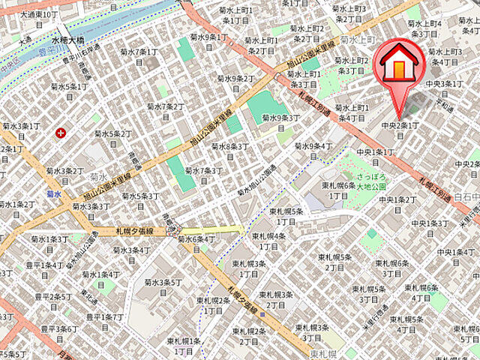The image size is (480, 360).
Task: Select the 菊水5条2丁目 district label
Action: pos(113,134)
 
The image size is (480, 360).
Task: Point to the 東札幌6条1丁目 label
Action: pos(337,190)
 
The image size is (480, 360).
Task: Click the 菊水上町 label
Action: pos(356,40)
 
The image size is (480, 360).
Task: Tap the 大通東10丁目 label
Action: pos(38,14)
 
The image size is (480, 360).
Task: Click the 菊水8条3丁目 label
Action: pos(229,147)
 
